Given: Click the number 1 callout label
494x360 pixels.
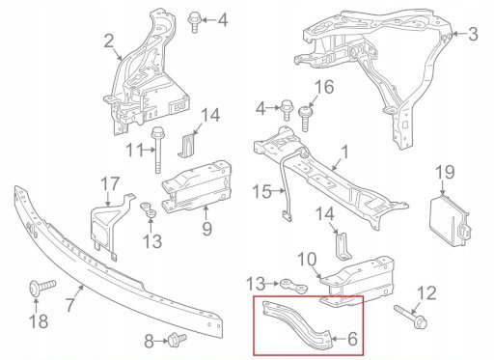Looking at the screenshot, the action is coord(344,152).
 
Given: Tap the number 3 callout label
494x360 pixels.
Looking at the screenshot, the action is coord(473,34).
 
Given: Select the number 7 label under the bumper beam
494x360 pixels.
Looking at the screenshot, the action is coord(70,305).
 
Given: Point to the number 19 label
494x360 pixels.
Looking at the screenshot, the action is coord(445,172).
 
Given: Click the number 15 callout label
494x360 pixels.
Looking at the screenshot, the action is coord(261,192).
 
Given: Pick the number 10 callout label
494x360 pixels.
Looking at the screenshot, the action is coord(307,260).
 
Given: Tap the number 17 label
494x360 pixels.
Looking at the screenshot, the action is coord(110,183).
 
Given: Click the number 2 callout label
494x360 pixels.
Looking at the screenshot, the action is coord(109,42).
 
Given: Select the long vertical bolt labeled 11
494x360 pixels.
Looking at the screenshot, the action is coord(157,151).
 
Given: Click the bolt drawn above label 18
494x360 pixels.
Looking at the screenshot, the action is coord(42,286).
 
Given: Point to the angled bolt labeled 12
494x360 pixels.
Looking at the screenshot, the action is coord(411,317).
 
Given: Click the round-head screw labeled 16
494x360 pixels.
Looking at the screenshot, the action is coord(306,119).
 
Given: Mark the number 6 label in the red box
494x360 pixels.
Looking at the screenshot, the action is coord(352,339).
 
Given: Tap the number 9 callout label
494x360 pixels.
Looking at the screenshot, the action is coord(206,229).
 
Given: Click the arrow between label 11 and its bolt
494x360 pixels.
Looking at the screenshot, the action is coord(149,150).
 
